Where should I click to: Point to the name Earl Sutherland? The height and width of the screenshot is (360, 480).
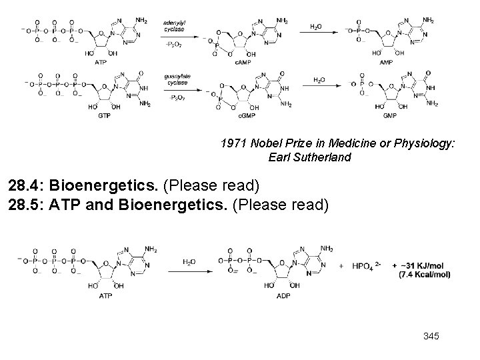[x=309, y=158]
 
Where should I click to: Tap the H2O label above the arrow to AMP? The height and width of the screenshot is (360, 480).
[x=316, y=27]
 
